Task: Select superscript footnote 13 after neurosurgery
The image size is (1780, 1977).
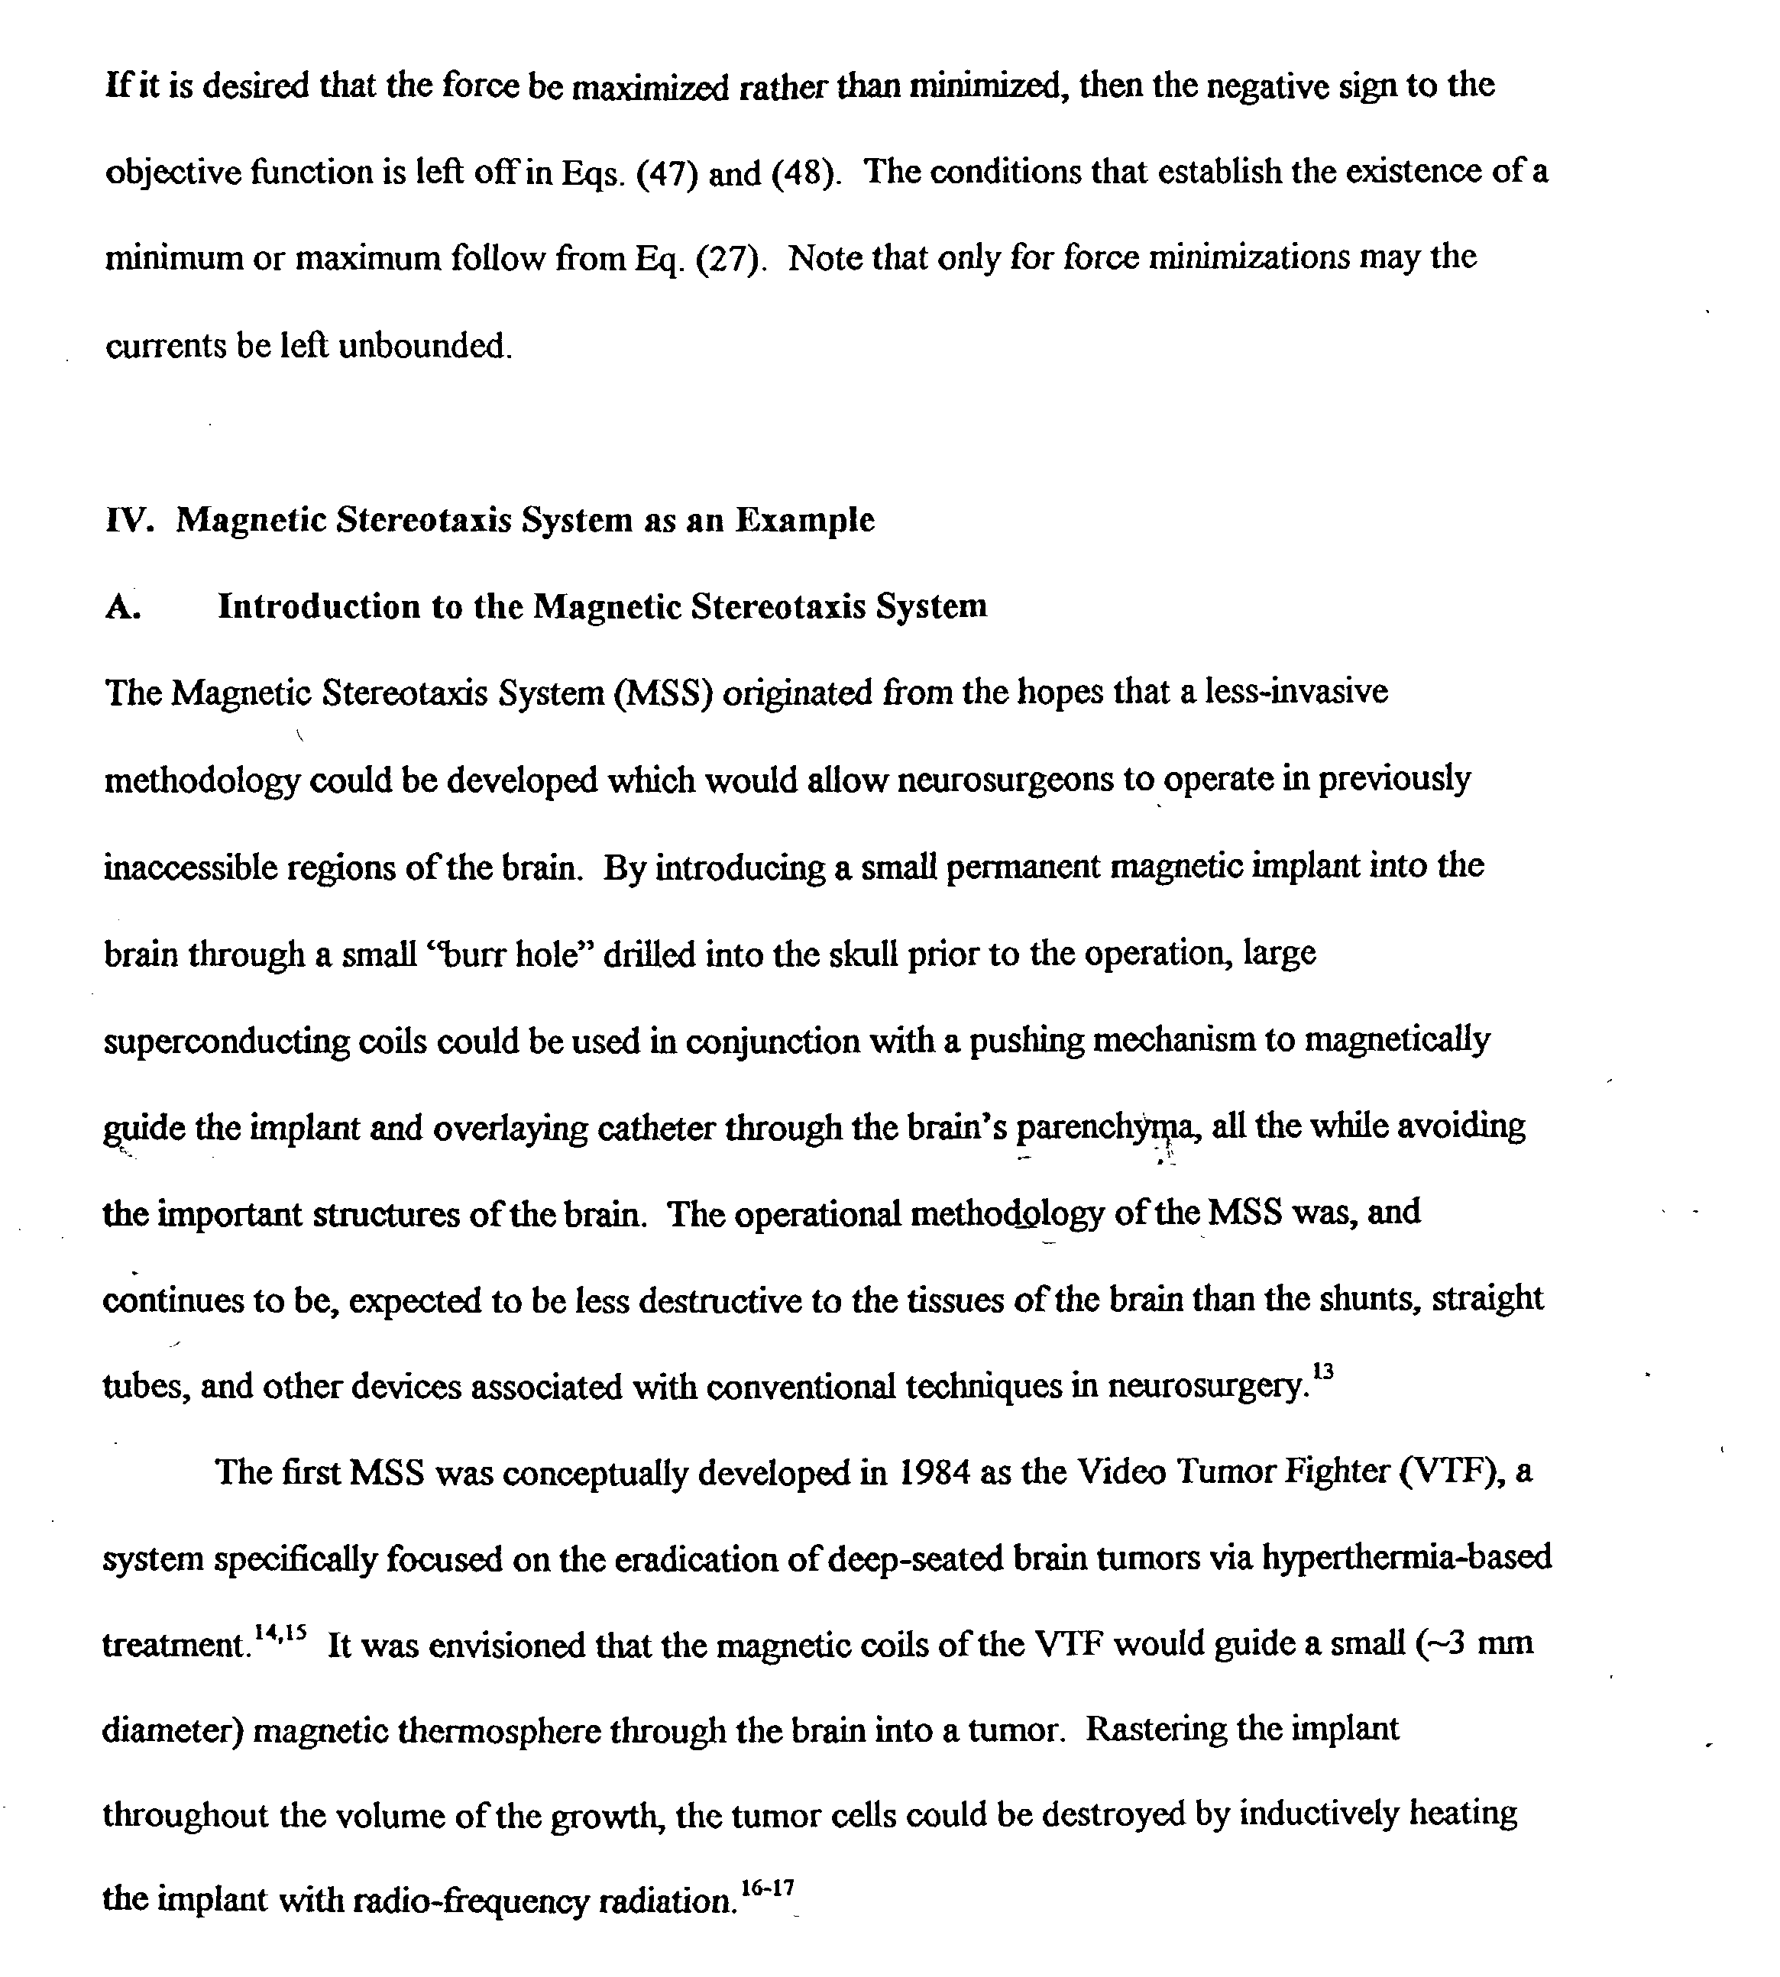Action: (x=1323, y=1371)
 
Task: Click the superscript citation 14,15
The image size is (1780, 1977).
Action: (x=280, y=1632)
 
